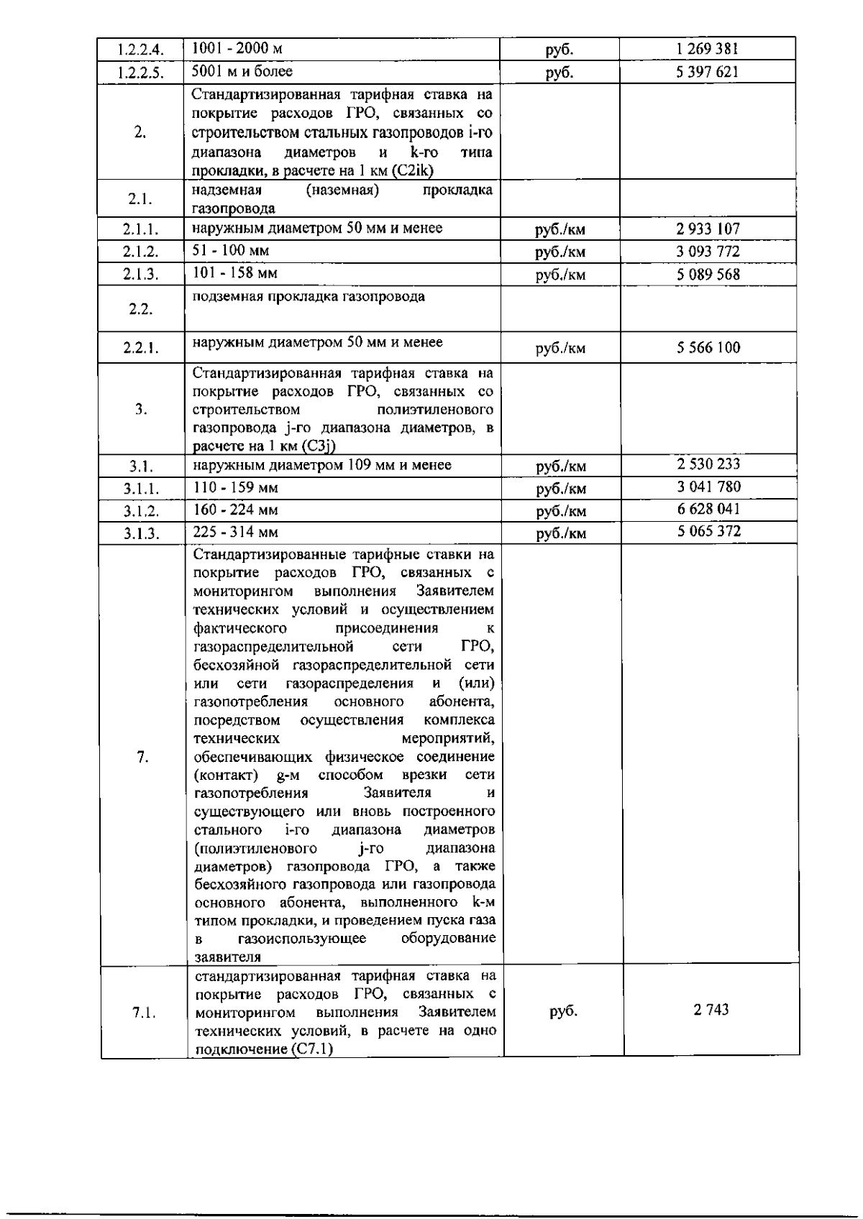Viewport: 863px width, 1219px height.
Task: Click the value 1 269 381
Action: coord(707,49)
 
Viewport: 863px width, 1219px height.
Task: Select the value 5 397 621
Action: coord(707,71)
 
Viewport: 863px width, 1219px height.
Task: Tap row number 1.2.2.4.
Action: coord(140,50)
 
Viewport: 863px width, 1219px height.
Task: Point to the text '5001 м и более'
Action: coord(242,71)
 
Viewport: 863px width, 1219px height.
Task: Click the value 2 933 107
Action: coord(708,229)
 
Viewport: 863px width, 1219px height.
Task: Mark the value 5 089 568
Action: coord(708,274)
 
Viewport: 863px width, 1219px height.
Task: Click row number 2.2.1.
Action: coord(140,349)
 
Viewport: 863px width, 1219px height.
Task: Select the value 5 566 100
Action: coord(708,348)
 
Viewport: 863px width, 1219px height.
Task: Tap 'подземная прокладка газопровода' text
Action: coord(308,296)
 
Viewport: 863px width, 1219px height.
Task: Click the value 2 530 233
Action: coord(708,464)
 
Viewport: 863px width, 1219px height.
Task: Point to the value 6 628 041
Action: coord(708,509)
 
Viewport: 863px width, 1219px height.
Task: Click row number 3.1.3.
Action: coord(141,533)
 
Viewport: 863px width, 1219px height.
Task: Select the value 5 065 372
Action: coord(708,531)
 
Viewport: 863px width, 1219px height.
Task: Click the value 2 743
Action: coord(711,1010)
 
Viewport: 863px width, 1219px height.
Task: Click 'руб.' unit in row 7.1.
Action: coord(563,1011)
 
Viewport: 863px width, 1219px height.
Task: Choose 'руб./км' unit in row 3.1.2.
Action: coord(561,512)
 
